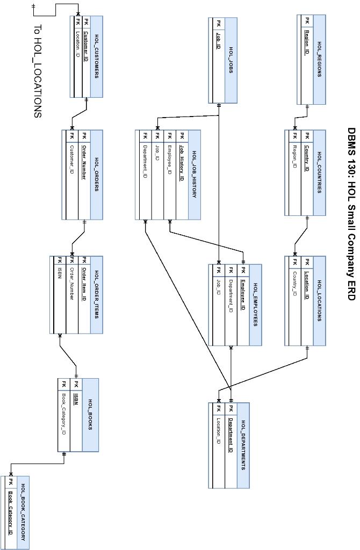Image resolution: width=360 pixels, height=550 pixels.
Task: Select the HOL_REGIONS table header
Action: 319,59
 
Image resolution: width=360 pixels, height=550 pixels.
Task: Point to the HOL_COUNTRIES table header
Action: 319,172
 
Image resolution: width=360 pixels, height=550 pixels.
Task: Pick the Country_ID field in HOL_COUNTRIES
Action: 307,158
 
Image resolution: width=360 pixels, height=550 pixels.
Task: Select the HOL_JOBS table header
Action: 231,60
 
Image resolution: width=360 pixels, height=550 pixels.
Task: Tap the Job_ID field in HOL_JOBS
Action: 218,41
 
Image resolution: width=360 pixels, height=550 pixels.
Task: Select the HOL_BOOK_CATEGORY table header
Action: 23,512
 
